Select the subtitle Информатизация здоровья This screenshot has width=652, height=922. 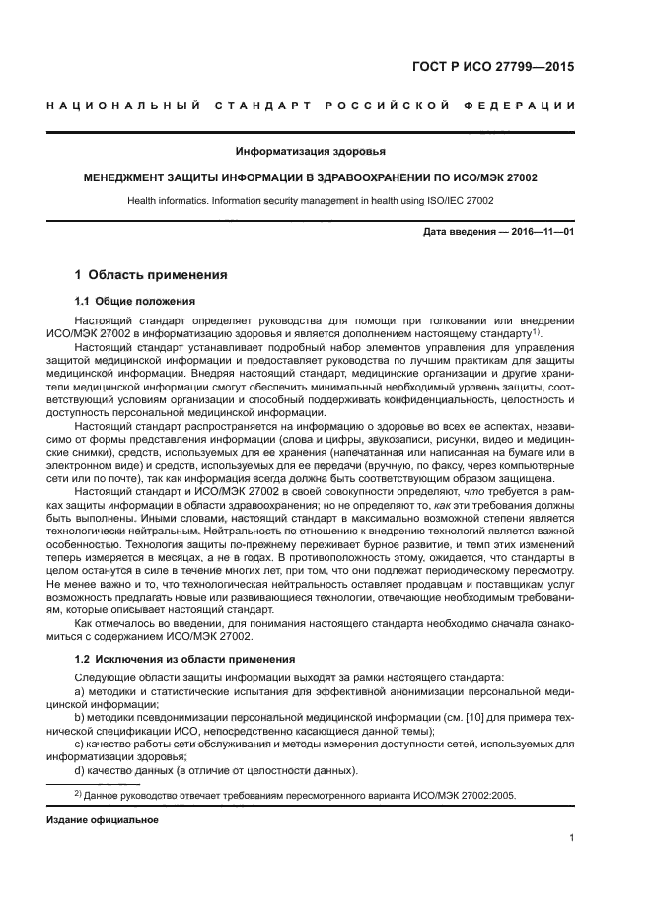310,151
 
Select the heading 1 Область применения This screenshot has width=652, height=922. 151,275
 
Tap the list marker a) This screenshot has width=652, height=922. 80,692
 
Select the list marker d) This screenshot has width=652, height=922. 80,769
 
